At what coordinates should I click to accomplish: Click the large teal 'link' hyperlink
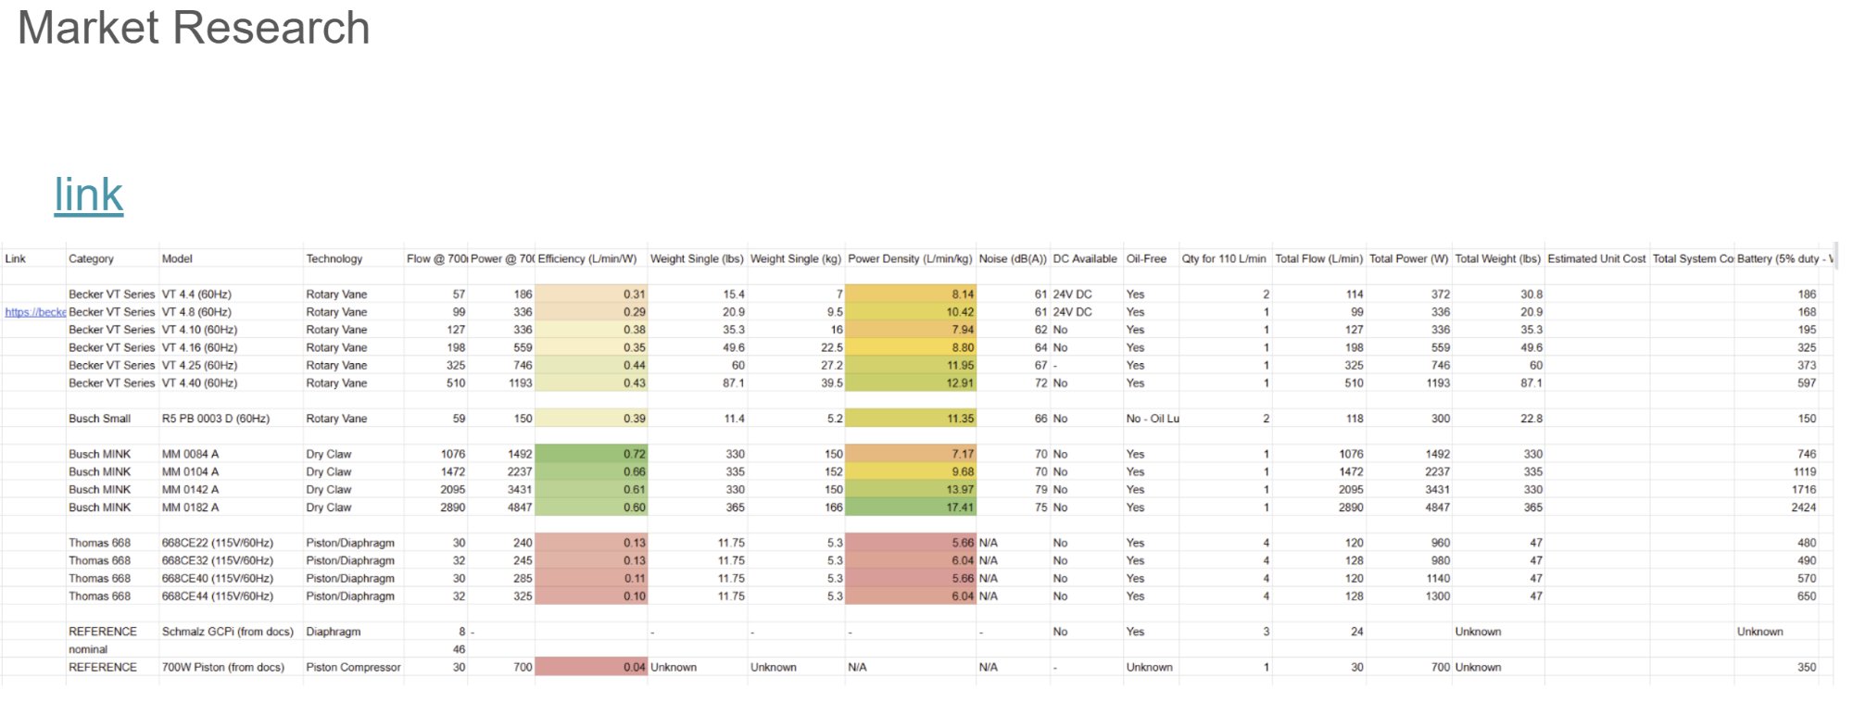(x=89, y=194)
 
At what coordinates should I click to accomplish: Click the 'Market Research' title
(x=194, y=28)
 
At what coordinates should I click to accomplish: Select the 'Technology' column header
(x=334, y=259)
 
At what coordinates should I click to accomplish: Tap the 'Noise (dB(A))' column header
(x=1013, y=259)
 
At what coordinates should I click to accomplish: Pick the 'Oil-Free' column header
(x=1146, y=259)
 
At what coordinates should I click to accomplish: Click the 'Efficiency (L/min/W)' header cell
(x=587, y=259)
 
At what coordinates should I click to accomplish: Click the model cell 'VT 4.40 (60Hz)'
(x=199, y=383)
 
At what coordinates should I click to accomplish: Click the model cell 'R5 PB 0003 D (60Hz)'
(x=216, y=419)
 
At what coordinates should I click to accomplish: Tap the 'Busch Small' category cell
(x=99, y=419)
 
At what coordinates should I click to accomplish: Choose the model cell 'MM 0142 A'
(x=190, y=490)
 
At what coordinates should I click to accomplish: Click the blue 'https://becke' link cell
(x=35, y=312)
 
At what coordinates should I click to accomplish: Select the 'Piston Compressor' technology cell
(x=353, y=668)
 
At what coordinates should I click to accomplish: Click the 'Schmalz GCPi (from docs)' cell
(x=227, y=632)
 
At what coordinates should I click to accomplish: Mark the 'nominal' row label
(x=88, y=649)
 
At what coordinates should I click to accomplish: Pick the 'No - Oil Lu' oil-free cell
(x=1153, y=419)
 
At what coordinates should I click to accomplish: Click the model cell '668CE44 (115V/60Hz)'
(x=217, y=596)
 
